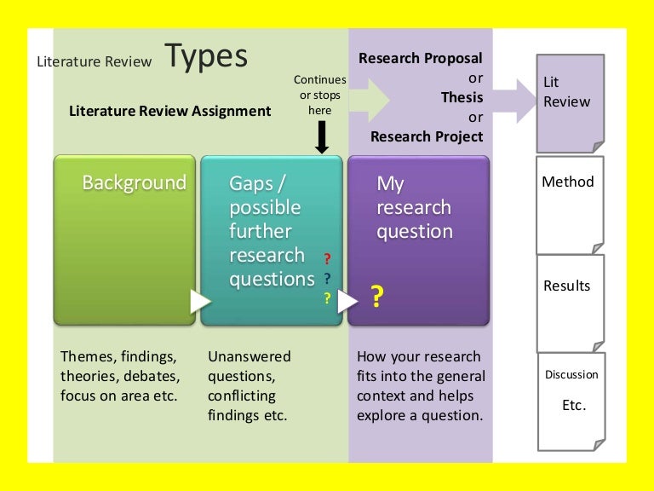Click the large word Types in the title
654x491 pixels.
click(x=206, y=57)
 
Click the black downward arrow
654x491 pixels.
click(x=321, y=136)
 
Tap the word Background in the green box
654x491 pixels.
click(x=134, y=182)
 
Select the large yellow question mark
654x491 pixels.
click(x=376, y=296)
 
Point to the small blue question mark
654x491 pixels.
click(x=327, y=278)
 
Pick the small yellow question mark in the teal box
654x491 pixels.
click(x=326, y=298)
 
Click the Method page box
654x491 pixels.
click(x=570, y=204)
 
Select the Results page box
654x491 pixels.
click(x=570, y=301)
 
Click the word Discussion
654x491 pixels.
click(x=572, y=374)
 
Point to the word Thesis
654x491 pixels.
click(x=462, y=97)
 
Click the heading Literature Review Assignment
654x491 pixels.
click(x=169, y=111)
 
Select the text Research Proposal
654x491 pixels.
click(x=421, y=58)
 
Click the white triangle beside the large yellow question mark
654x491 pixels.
click(x=347, y=301)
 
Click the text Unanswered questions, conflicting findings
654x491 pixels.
click(x=249, y=386)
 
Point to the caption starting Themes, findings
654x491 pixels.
click(x=120, y=376)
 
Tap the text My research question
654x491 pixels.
click(x=414, y=207)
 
